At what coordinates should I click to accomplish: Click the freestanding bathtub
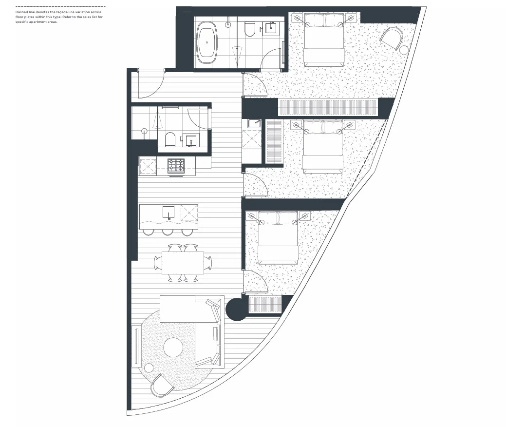click(x=209, y=42)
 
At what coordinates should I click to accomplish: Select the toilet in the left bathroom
click(x=170, y=140)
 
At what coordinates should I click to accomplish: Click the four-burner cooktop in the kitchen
click(x=176, y=166)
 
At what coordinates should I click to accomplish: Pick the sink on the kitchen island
click(x=168, y=213)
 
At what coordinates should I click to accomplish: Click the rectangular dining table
click(x=183, y=263)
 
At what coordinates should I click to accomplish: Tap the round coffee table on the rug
click(x=173, y=348)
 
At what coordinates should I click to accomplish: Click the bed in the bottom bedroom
click(x=278, y=237)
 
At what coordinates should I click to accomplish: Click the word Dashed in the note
click(x=22, y=11)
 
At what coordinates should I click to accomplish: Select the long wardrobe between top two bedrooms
click(x=327, y=108)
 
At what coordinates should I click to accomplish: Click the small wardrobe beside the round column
click(x=265, y=305)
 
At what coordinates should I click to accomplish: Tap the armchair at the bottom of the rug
click(x=162, y=385)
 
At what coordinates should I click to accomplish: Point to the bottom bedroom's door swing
click(x=255, y=283)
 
